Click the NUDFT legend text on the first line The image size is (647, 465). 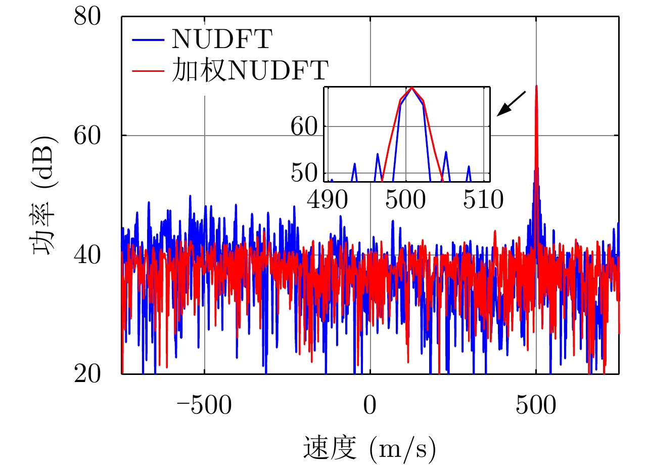[222, 40]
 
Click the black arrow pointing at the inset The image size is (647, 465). [512, 104]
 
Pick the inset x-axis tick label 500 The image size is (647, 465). [406, 200]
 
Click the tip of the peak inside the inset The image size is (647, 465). [412, 88]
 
